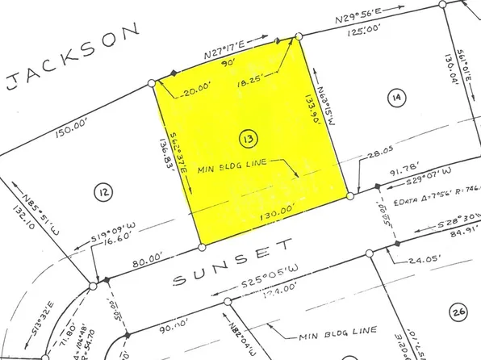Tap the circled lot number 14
point(395,98)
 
